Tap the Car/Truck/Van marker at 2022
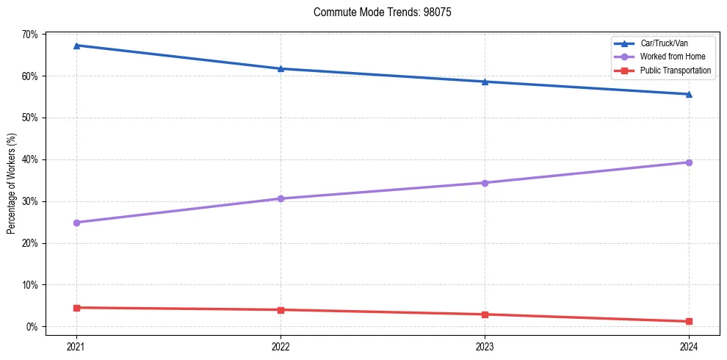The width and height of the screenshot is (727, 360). pyautogui.click(x=281, y=68)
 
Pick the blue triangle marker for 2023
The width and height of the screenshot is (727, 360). pyautogui.click(x=485, y=82)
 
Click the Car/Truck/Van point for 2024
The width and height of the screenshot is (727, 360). pyautogui.click(x=689, y=94)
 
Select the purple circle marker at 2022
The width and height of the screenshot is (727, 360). pyautogui.click(x=281, y=198)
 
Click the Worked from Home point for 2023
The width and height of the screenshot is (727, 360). pyautogui.click(x=485, y=183)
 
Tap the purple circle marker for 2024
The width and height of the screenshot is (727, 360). pyautogui.click(x=689, y=162)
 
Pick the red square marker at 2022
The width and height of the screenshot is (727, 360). pyautogui.click(x=281, y=310)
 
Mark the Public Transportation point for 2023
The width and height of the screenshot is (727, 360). pyautogui.click(x=485, y=314)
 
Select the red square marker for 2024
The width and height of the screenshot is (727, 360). pyautogui.click(x=689, y=322)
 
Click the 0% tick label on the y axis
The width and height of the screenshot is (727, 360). pyautogui.click(x=32, y=327)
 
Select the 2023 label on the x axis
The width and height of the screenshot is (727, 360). pyautogui.click(x=485, y=345)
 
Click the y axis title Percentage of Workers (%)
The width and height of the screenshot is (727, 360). pyautogui.click(x=11, y=184)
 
